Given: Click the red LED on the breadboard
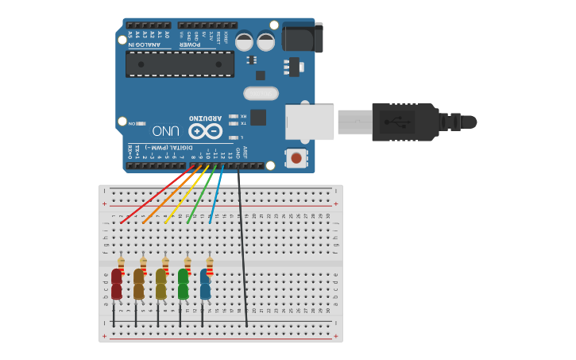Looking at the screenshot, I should point(117,284).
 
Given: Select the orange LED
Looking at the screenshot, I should point(139,284).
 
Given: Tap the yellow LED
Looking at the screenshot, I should point(161,284).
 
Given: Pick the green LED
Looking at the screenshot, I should point(184,284).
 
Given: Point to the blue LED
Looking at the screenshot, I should point(205,284).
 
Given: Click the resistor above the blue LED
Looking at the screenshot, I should point(210,263).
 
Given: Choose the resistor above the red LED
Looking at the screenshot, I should point(121,263).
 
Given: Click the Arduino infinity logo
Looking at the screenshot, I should point(205,131).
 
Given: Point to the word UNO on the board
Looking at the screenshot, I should point(165,131).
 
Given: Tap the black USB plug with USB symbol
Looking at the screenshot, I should point(405,122).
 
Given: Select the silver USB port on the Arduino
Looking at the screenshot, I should point(310,122).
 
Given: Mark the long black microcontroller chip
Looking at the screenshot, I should point(180,64).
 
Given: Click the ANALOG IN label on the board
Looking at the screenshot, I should point(145,45).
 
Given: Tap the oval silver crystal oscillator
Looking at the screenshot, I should point(261,93).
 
